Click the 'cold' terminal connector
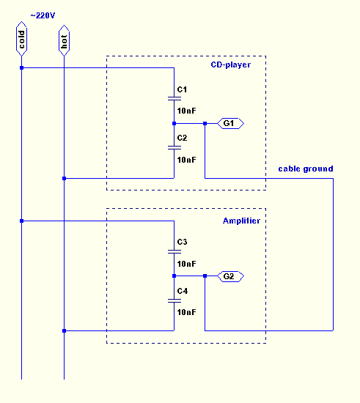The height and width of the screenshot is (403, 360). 21,39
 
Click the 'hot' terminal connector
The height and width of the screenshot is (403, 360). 64,40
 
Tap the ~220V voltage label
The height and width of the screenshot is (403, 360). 43,15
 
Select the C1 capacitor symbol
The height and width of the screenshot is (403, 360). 175,98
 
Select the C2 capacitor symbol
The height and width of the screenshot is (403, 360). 175,147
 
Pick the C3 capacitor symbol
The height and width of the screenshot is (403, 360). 175,251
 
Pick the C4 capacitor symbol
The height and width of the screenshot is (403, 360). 175,300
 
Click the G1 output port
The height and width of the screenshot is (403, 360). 231,123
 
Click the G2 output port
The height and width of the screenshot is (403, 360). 231,276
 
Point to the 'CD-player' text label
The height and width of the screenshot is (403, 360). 231,64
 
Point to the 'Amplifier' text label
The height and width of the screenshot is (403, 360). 241,221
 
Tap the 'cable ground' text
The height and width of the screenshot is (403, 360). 306,169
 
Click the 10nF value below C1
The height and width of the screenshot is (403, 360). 187,111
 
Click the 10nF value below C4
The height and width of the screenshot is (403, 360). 187,312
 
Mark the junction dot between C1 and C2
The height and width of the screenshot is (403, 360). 174,123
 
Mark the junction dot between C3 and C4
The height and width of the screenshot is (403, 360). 174,276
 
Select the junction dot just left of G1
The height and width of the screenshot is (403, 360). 205,123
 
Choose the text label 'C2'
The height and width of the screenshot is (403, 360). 182,138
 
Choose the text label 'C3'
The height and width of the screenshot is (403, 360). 182,242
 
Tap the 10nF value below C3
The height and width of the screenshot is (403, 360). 187,264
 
